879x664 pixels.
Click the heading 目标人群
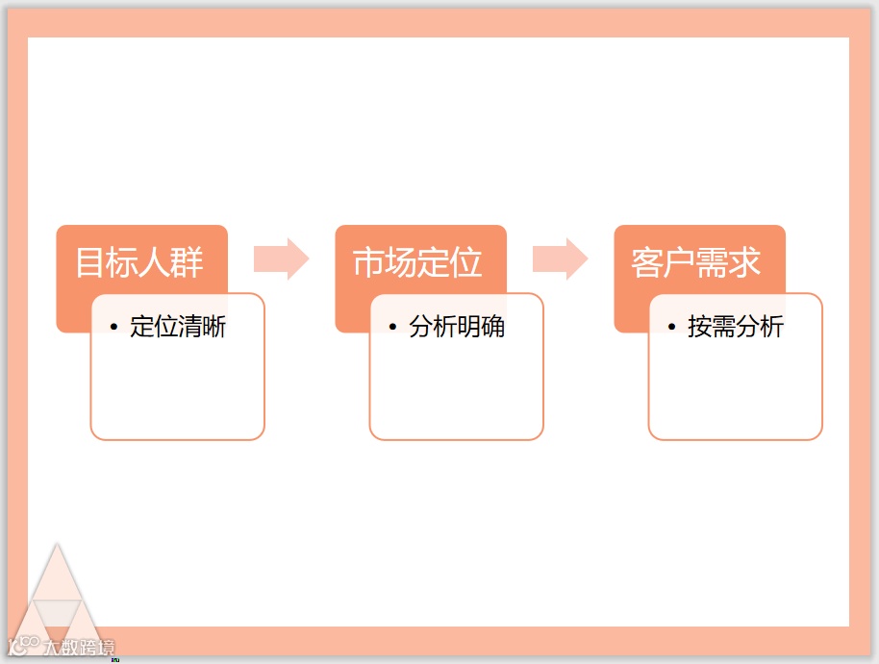point(140,262)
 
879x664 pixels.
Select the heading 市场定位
point(418,262)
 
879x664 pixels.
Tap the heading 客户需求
point(696,262)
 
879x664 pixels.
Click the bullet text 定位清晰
point(178,327)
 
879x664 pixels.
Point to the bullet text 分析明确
point(457,327)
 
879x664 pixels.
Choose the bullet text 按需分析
point(736,327)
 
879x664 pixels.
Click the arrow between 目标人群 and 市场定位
point(281,259)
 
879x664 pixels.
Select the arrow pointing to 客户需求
point(560,259)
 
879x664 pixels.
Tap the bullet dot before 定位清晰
point(113,328)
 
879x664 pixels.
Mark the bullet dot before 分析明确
point(392,328)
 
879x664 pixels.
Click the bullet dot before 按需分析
point(671,328)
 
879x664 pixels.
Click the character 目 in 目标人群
point(91,262)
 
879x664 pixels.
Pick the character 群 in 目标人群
point(188,262)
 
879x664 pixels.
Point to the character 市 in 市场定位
point(369,262)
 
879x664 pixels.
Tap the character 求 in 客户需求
point(745,262)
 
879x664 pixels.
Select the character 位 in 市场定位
point(467,262)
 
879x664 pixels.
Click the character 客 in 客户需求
point(647,262)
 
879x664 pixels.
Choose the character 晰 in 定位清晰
point(214,327)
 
